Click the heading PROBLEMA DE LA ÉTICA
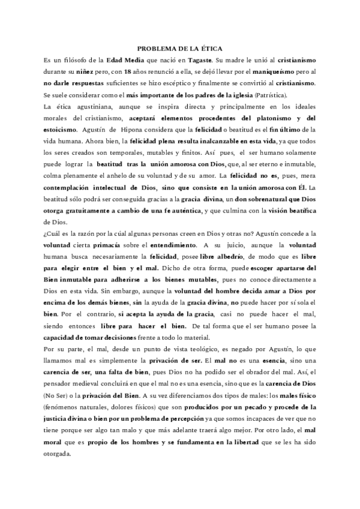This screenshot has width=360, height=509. [179, 50]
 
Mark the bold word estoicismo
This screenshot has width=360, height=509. [61, 128]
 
